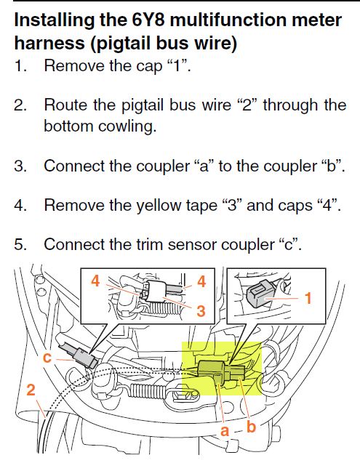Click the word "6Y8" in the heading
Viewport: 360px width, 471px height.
click(148, 20)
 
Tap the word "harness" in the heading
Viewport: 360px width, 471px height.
click(49, 43)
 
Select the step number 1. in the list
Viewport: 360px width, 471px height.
click(20, 65)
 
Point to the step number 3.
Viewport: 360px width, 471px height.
click(20, 166)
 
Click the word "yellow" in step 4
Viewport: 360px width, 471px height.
click(159, 206)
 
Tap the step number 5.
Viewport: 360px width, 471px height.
click(20, 244)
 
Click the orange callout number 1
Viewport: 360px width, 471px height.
click(308, 298)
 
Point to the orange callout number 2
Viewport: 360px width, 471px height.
click(31, 390)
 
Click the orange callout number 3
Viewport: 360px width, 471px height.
click(201, 311)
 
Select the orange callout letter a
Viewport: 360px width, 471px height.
click(225, 431)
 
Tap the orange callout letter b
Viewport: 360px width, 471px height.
click(251, 427)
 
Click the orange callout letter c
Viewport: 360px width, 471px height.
click(47, 358)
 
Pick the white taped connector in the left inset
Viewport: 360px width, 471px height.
click(158, 289)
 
